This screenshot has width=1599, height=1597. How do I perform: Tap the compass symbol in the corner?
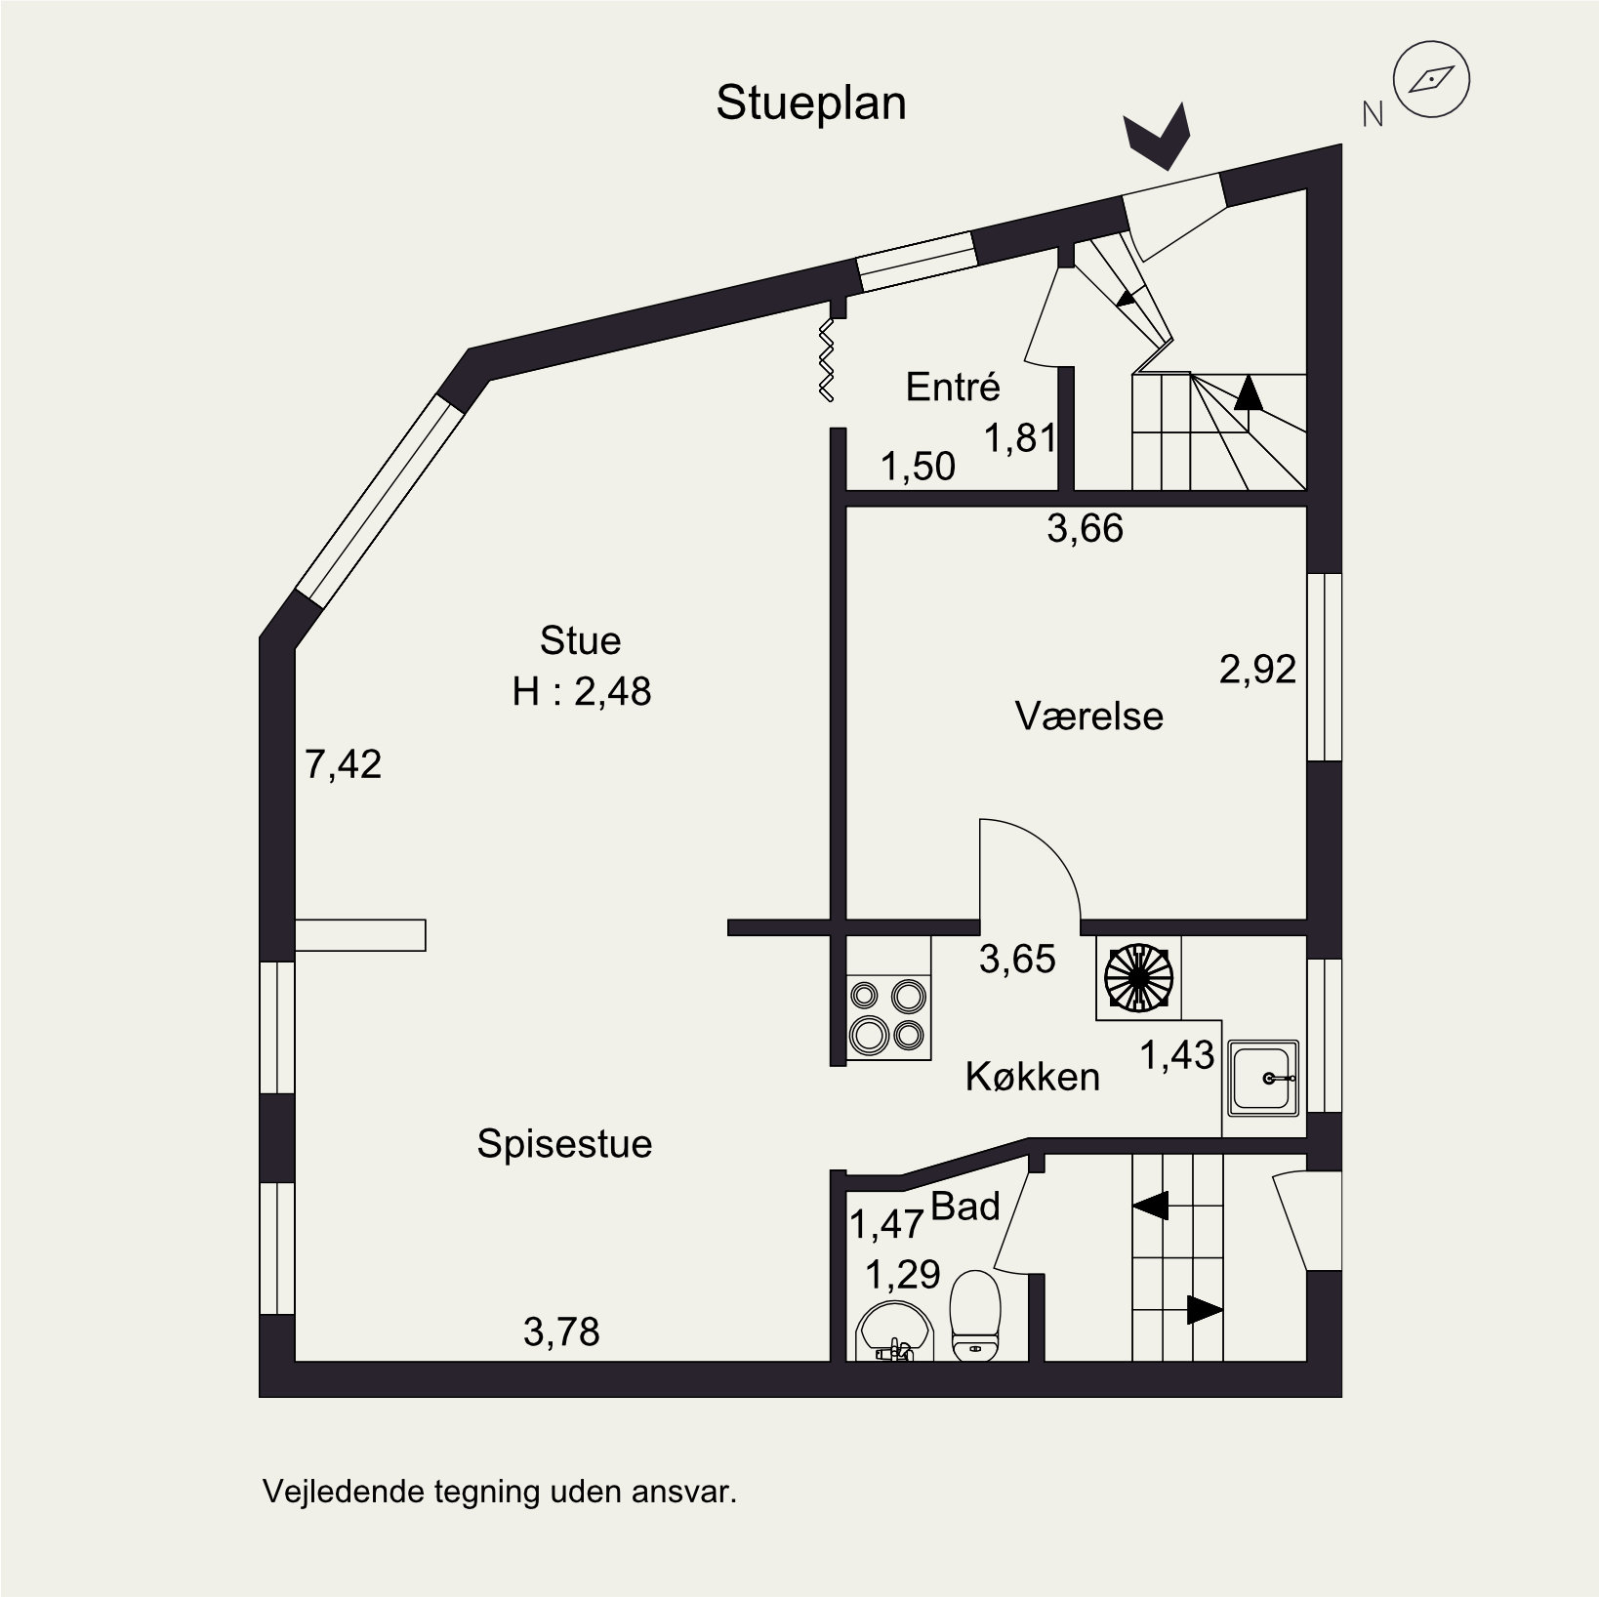point(1432,79)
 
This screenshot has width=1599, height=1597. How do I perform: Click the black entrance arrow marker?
point(1159,139)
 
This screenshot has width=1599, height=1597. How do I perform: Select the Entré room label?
point(953,388)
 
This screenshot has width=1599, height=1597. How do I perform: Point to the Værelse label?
point(1088,717)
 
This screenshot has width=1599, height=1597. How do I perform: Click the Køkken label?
point(1032,1077)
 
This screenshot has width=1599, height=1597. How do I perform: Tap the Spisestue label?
point(564,1143)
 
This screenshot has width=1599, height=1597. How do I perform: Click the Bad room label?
point(965,1207)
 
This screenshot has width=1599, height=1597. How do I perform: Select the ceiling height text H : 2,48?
point(582,692)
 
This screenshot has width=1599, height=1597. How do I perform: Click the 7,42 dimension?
point(343,764)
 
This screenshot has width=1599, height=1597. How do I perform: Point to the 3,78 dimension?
point(561,1331)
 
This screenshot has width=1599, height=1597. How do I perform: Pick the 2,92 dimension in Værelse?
point(1257,670)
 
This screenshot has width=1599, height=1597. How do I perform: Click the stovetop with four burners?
point(887,1014)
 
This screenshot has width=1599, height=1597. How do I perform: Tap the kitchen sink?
point(1264,1078)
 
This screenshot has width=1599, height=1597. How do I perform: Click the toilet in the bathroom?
point(975,1315)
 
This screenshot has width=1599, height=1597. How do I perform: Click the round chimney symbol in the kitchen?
point(1138,977)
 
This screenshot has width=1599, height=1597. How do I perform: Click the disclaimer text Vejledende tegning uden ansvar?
point(499,1493)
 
